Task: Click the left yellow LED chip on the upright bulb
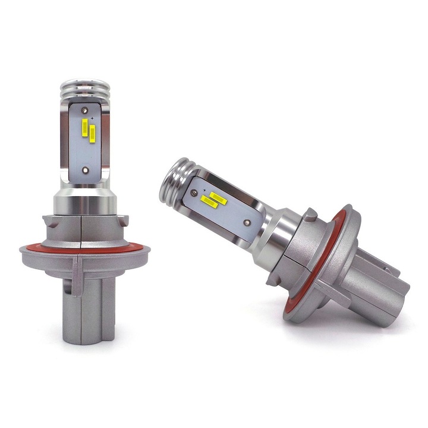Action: click(x=86, y=128)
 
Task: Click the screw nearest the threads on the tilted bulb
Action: click(x=197, y=191)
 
